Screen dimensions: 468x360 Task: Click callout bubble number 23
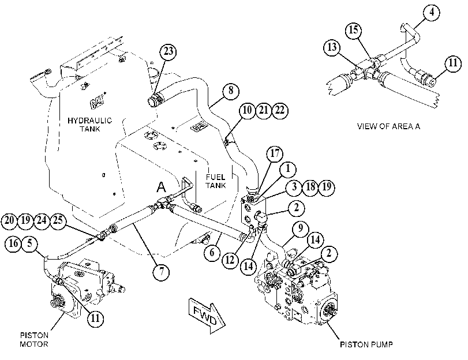click(x=169, y=51)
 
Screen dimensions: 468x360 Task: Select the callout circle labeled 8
click(x=231, y=91)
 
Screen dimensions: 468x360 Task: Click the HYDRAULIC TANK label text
click(x=89, y=125)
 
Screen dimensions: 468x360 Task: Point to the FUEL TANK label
click(x=215, y=181)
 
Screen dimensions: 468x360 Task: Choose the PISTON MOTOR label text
click(x=34, y=340)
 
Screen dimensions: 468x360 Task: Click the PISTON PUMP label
click(x=366, y=344)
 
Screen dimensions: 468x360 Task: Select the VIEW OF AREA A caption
click(x=388, y=126)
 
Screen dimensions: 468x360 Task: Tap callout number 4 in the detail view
click(x=432, y=13)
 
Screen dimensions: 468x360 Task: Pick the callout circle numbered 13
click(x=332, y=47)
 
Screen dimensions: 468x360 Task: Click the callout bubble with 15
click(x=354, y=30)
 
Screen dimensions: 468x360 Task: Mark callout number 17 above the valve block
click(x=275, y=153)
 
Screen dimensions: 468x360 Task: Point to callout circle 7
click(x=162, y=272)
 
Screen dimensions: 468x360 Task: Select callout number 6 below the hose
click(x=212, y=253)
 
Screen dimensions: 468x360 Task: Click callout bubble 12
click(x=230, y=260)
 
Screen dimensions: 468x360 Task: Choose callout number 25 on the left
click(x=58, y=220)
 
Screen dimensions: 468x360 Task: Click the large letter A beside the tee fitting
click(x=161, y=187)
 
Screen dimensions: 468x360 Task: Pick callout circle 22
click(x=280, y=110)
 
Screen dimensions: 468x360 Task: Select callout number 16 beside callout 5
click(x=13, y=243)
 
